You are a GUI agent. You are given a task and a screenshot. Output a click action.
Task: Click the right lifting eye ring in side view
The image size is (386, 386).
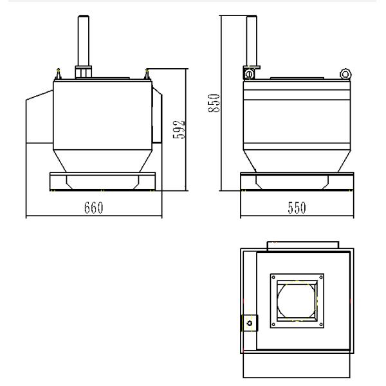347,74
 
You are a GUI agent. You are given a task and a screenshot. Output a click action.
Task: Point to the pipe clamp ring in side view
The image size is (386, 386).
248,75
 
